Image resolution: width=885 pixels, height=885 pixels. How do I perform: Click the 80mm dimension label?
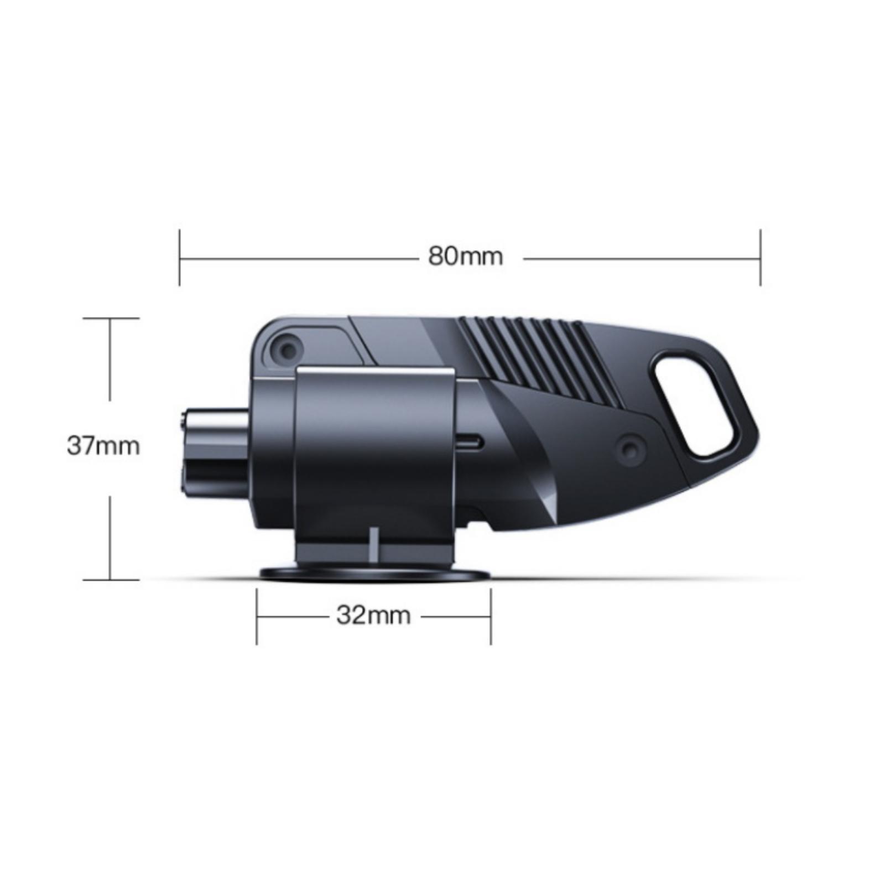point(465,257)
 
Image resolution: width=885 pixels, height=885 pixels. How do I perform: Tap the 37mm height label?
point(103,446)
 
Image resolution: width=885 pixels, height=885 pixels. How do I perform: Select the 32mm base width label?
point(373,615)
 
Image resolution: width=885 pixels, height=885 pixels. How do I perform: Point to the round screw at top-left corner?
point(287,350)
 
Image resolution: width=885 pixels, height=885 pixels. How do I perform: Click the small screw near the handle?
point(630,449)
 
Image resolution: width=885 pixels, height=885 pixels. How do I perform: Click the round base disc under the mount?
point(374,574)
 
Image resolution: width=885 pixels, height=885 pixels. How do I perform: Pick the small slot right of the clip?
point(470,442)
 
